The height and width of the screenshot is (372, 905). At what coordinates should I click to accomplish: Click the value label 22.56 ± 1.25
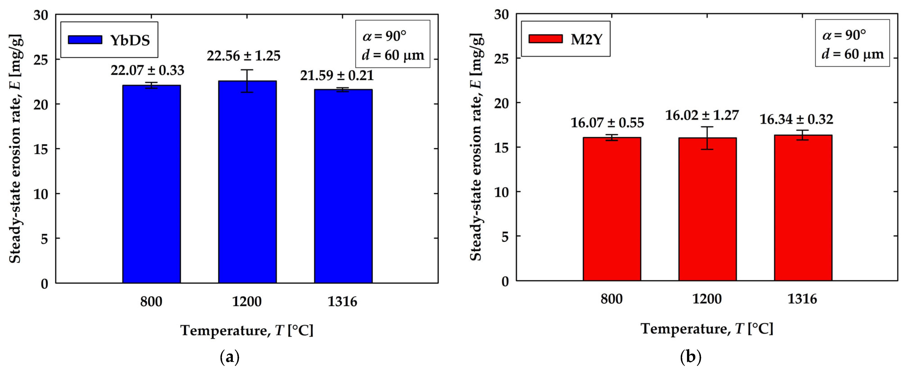pyautogui.click(x=243, y=56)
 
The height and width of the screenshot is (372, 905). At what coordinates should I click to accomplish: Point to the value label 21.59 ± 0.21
pyautogui.click(x=337, y=75)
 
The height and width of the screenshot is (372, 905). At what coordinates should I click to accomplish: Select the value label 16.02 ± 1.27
pyautogui.click(x=702, y=115)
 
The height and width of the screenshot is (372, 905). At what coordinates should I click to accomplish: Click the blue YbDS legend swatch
pyautogui.click(x=85, y=40)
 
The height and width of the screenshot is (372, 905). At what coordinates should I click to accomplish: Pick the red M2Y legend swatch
pyautogui.click(x=545, y=39)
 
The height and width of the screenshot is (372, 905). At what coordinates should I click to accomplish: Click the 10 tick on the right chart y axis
pyautogui.click(x=501, y=192)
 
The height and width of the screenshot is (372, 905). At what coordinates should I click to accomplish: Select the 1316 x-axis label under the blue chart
pyautogui.click(x=342, y=302)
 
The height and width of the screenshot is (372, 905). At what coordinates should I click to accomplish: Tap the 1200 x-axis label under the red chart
pyautogui.click(x=707, y=299)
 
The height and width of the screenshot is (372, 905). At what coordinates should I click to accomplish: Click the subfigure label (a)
pyautogui.click(x=230, y=357)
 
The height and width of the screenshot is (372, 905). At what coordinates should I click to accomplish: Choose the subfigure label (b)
pyautogui.click(x=691, y=357)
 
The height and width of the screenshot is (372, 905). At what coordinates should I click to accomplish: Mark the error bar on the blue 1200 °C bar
pyautogui.click(x=247, y=81)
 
